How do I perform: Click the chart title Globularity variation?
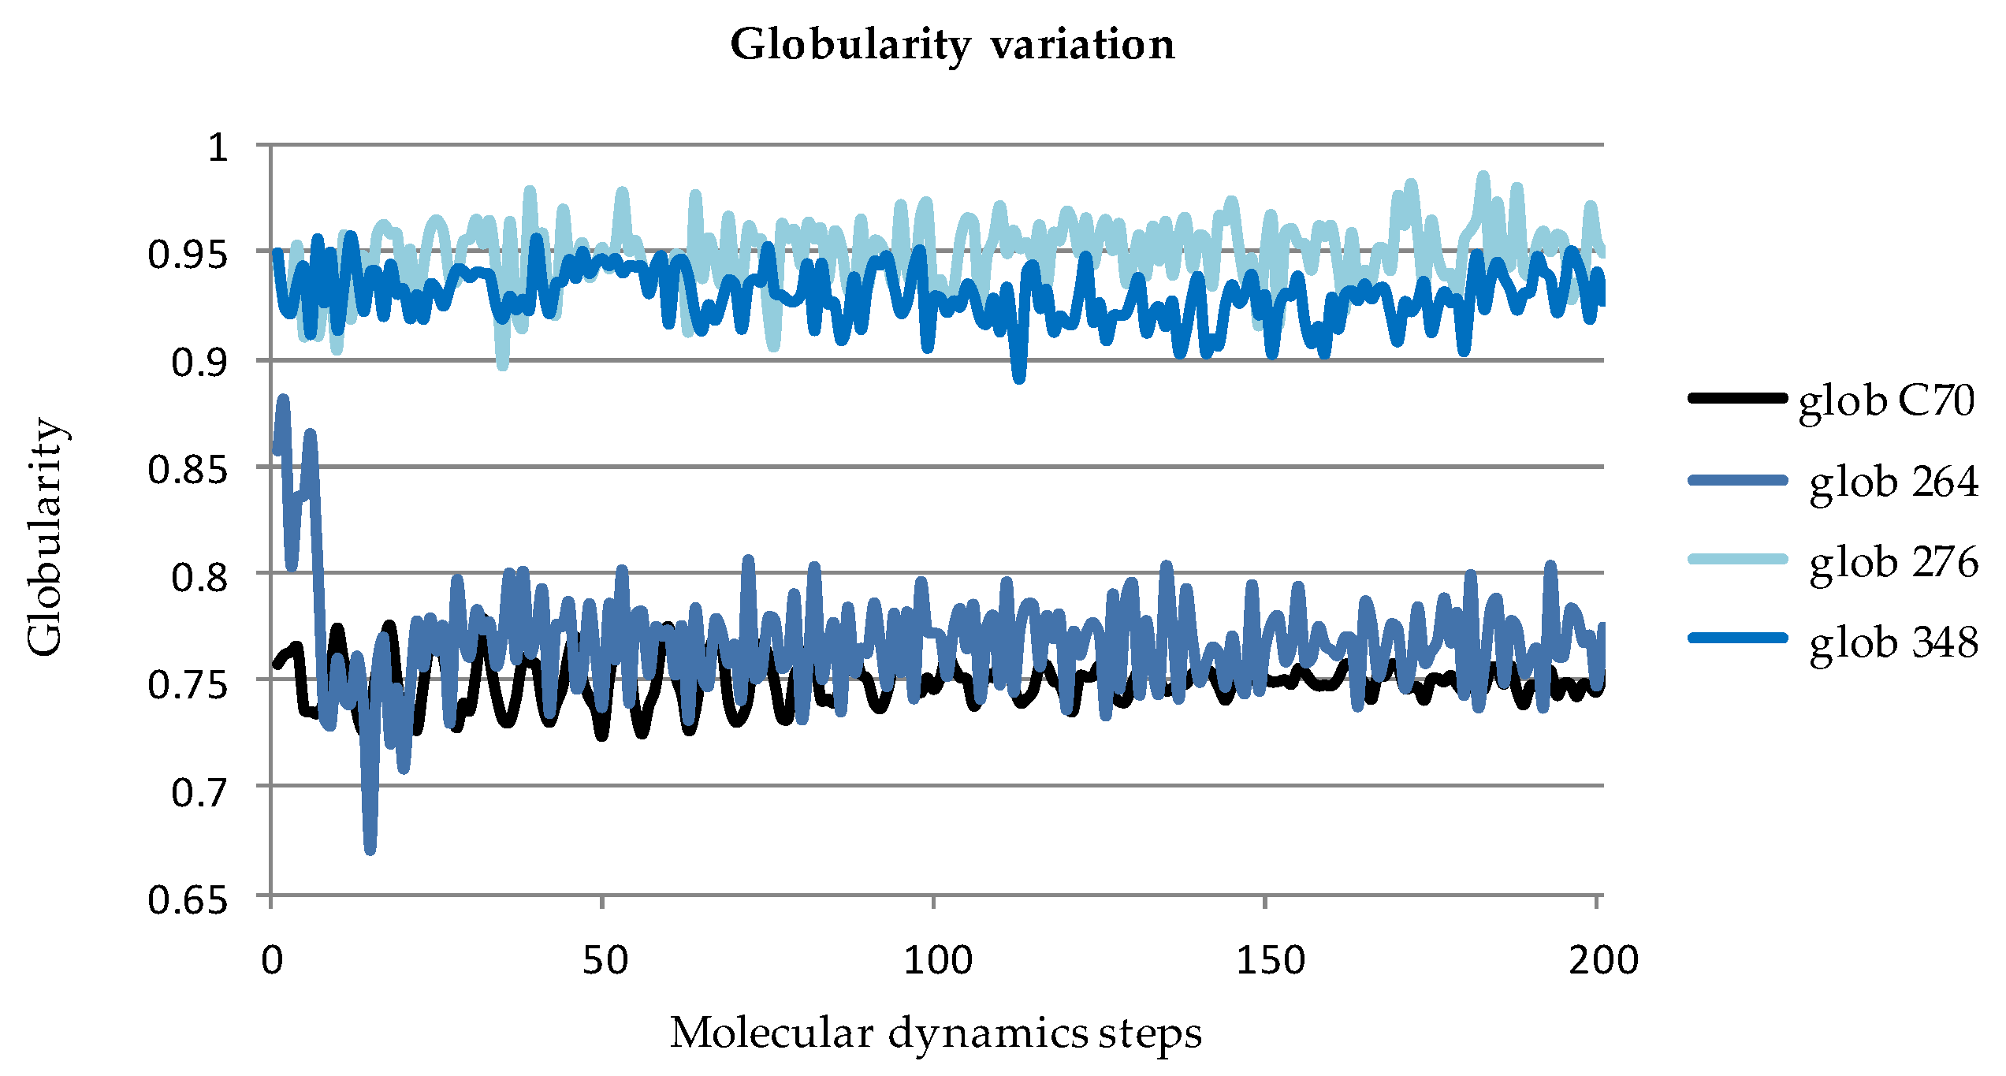point(952,44)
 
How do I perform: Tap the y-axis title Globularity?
point(45,537)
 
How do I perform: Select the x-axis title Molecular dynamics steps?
point(936,1033)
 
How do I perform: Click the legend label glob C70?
point(1886,400)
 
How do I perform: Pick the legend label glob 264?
point(1893,482)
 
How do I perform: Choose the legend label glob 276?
point(1893,562)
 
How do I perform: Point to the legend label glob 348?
point(1893,642)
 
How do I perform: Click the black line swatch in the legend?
point(1737,398)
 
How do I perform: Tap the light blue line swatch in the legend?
point(1737,559)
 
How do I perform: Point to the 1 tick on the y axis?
point(218,147)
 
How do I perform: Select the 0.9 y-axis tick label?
point(200,363)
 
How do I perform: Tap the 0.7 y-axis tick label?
point(200,791)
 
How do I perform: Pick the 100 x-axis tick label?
point(936,960)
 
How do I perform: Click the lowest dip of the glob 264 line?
point(370,850)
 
